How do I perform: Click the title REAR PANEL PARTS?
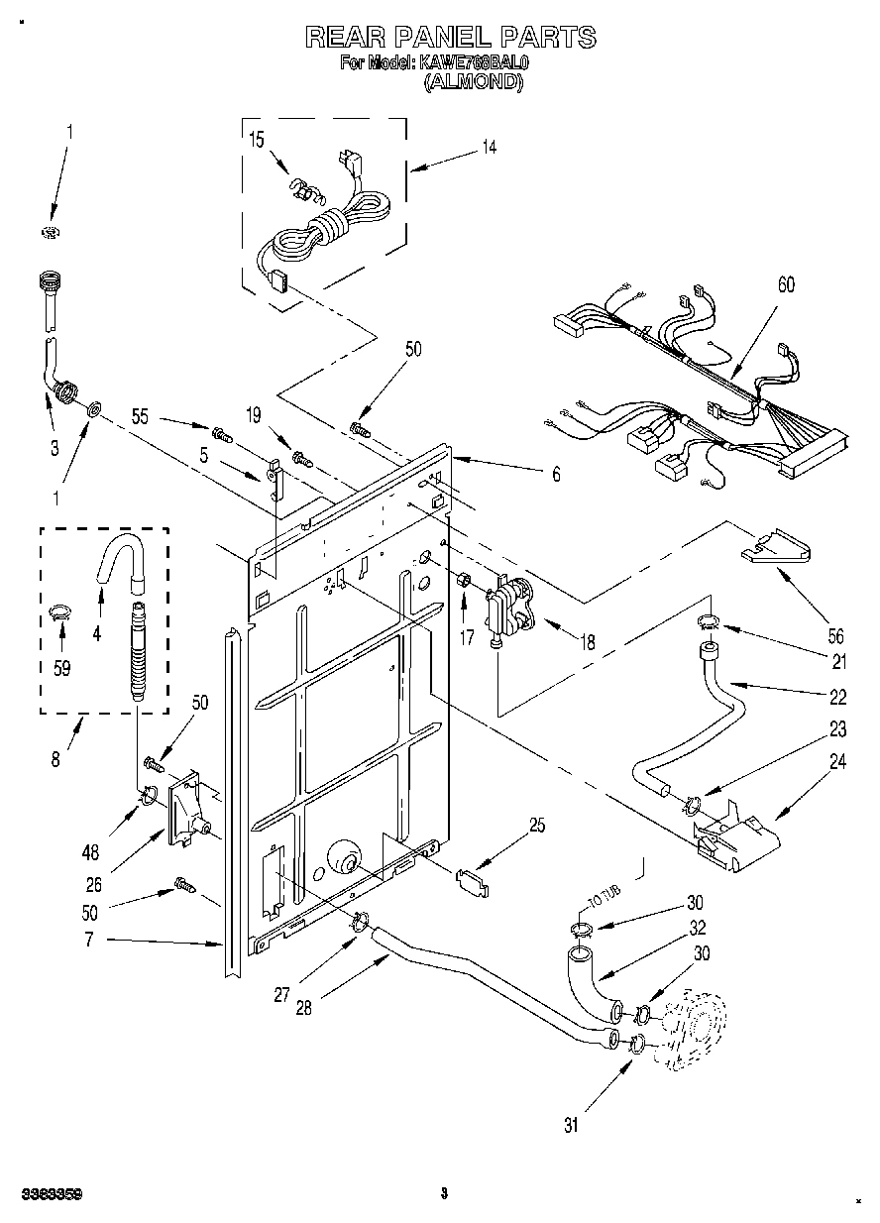click(x=450, y=38)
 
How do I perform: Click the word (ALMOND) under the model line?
click(x=474, y=83)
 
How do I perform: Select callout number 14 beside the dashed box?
click(x=489, y=148)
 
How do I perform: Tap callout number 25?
click(x=538, y=824)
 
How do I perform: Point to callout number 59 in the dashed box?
click(x=61, y=668)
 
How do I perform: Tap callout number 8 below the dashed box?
click(x=55, y=760)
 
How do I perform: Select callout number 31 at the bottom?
click(x=571, y=1124)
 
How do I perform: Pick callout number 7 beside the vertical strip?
click(x=88, y=940)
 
